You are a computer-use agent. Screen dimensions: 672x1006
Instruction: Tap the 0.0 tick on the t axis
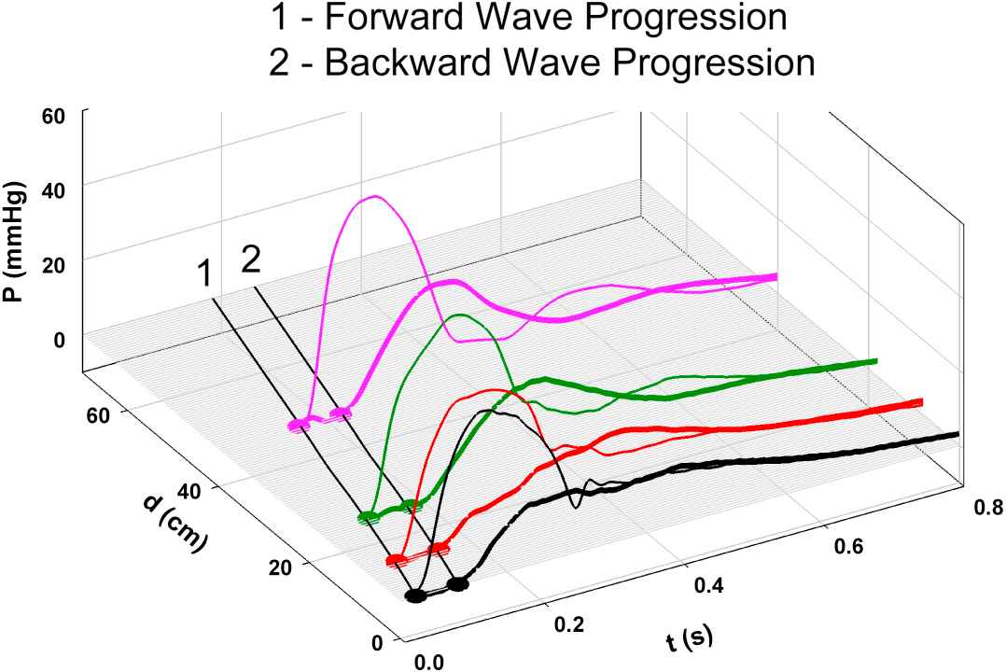pos(427,662)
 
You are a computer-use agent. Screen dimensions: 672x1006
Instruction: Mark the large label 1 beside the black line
pos(203,274)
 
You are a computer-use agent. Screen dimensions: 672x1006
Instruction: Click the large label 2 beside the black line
pos(250,260)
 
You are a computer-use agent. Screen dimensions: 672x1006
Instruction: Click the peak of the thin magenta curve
pos(375,196)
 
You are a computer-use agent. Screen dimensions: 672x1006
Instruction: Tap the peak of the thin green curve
pos(460,315)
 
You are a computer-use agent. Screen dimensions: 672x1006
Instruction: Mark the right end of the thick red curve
pos(922,401)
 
